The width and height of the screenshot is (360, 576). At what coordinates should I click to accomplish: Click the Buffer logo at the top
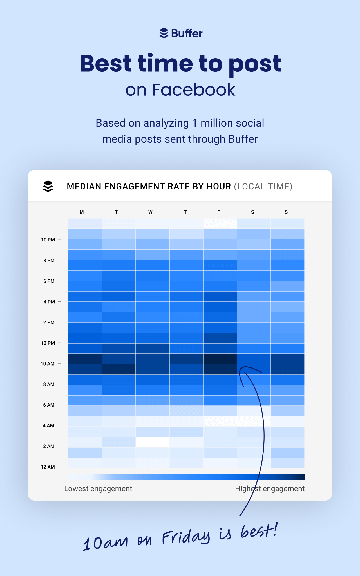[180, 33]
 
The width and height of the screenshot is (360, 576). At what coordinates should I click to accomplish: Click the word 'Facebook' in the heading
[194, 90]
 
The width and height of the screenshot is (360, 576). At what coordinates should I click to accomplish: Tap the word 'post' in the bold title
[255, 64]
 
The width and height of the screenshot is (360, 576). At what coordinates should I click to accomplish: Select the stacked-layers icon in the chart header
[48, 186]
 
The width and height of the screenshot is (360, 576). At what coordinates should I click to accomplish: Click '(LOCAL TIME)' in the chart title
[263, 186]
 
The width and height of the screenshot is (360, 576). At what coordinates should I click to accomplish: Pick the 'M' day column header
[82, 212]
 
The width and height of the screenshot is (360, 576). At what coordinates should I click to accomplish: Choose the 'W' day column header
[150, 212]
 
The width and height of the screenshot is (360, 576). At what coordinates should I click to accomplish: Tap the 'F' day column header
[219, 212]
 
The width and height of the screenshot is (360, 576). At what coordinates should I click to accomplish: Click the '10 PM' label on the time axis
[48, 240]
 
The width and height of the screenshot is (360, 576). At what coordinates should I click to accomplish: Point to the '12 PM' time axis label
[48, 343]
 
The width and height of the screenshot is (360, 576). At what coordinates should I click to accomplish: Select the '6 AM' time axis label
[49, 405]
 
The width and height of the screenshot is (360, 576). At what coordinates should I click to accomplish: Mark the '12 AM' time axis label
[48, 467]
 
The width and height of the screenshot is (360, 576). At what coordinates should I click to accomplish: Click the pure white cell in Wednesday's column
[152, 442]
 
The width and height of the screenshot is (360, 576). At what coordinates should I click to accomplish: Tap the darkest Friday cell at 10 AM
[220, 359]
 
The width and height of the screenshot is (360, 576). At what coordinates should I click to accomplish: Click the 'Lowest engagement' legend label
[98, 488]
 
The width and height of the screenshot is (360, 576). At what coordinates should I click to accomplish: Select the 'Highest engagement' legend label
[270, 488]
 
